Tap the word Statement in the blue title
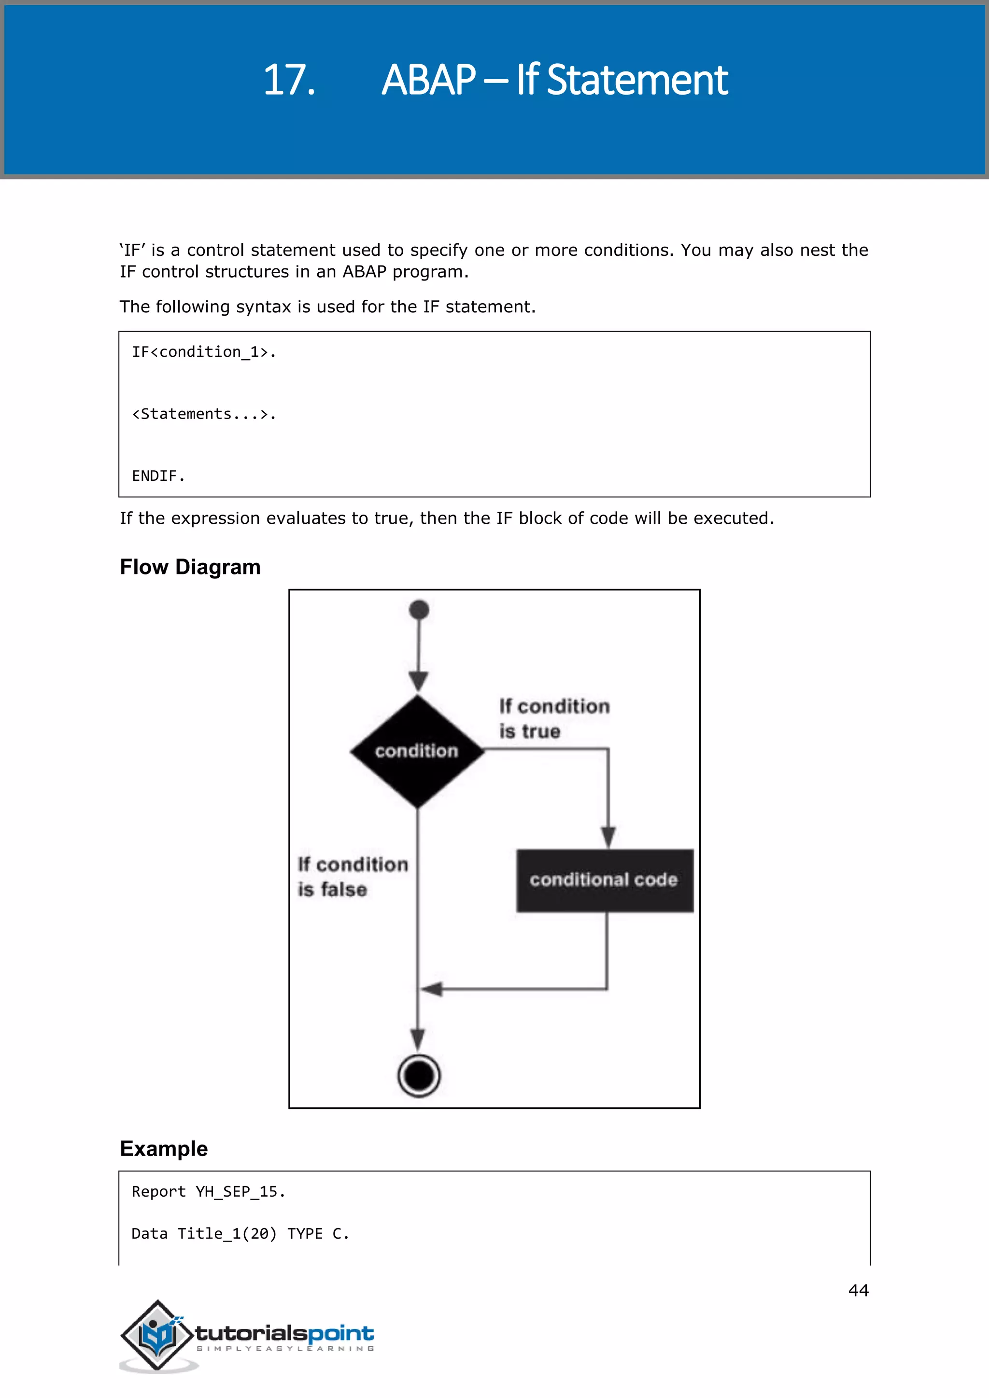pos(637,80)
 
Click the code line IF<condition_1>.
pos(204,352)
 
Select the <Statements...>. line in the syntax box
pos(204,414)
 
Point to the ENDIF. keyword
pos(158,476)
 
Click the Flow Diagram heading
pos(190,567)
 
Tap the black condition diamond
pos(417,751)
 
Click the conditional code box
pos(604,880)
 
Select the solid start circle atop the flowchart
pos(419,610)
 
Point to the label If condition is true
pos(553,718)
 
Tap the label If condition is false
pos(352,877)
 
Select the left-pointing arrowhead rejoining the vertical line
pos(431,989)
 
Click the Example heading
pos(164,1148)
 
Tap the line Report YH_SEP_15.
pos(208,1191)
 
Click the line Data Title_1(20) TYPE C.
pos(240,1233)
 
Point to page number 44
pos(858,1290)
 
